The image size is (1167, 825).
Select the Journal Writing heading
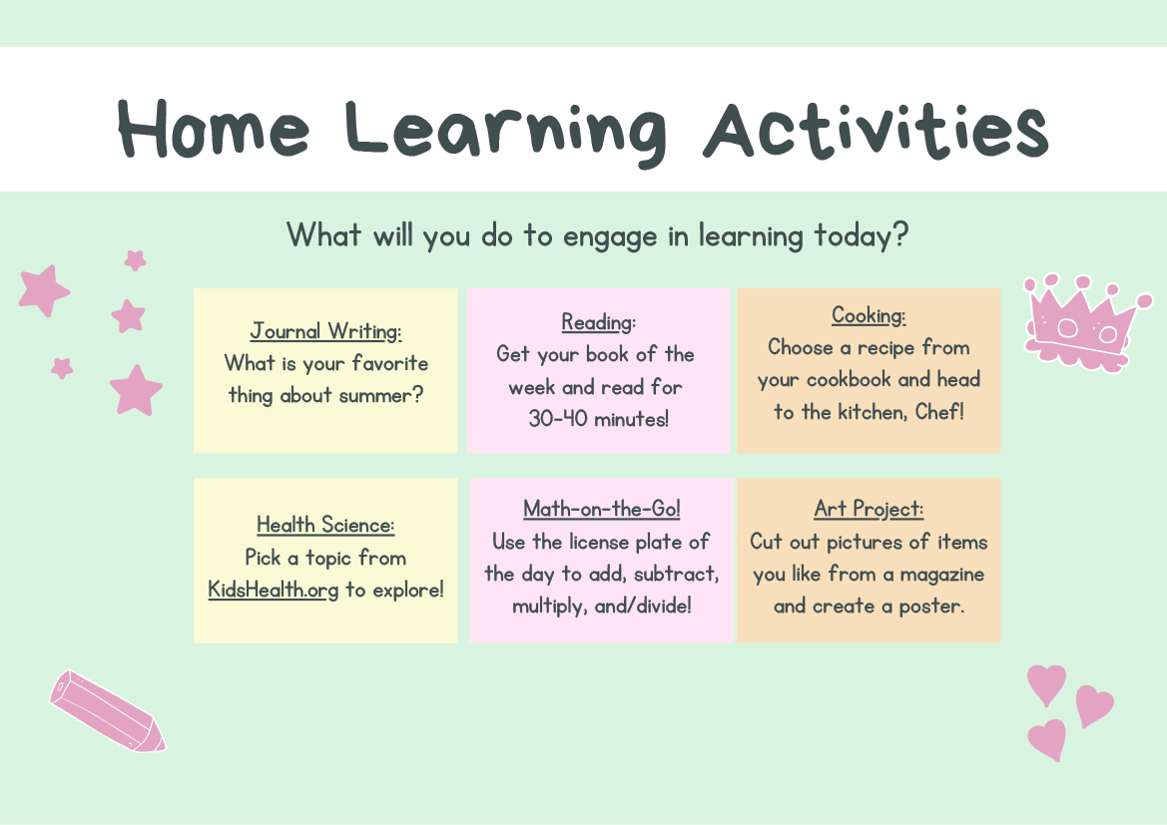coord(326,331)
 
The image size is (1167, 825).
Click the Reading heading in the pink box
coord(598,322)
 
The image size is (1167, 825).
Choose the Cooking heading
coord(869,315)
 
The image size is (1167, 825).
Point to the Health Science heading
coord(325,525)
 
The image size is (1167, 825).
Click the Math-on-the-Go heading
coord(601,509)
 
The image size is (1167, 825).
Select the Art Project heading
coord(869,509)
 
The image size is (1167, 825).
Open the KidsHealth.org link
coord(274,590)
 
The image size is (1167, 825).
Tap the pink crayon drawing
coord(108,711)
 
